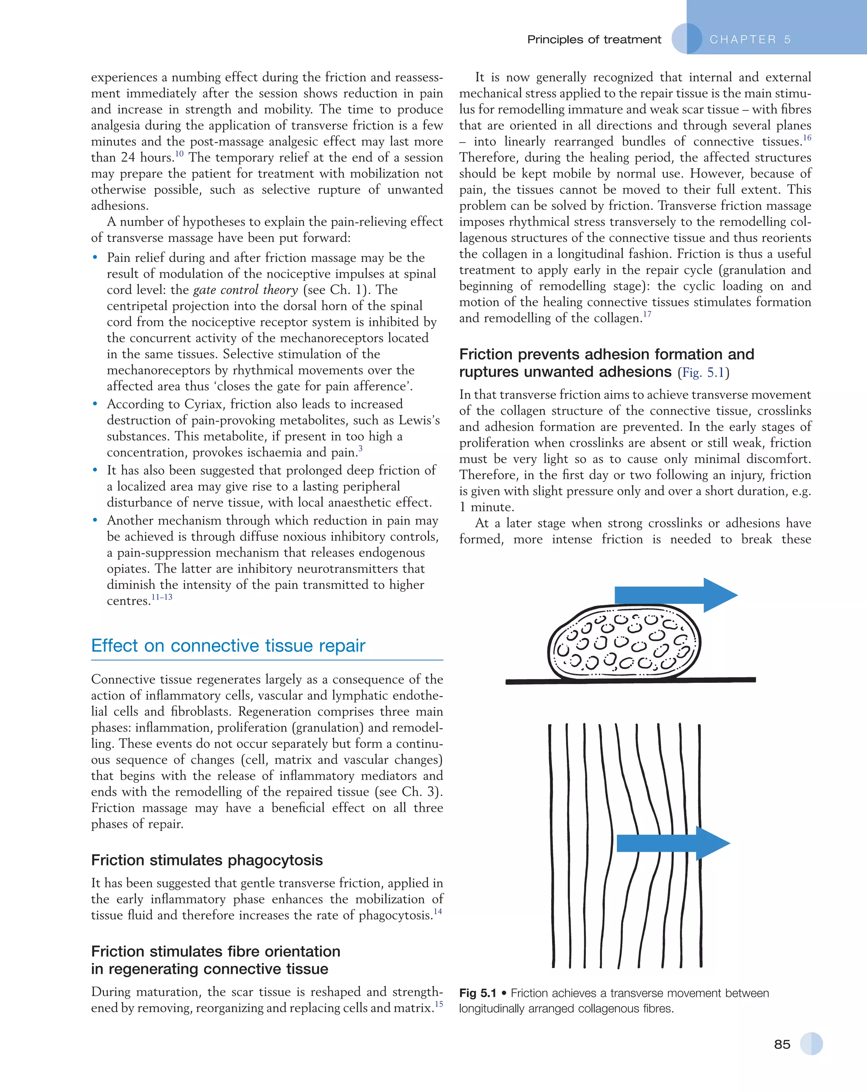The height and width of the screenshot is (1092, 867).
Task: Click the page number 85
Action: coord(782,1044)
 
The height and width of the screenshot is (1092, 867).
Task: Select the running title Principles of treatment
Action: coord(594,39)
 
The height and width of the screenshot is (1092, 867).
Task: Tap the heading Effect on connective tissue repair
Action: coord(228,646)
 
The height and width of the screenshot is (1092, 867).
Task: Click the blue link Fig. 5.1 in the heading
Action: coord(703,373)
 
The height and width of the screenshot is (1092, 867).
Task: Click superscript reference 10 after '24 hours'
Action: coord(179,154)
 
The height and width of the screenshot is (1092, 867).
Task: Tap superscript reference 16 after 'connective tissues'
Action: coord(807,138)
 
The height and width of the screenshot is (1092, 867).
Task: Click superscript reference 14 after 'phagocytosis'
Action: coord(437,911)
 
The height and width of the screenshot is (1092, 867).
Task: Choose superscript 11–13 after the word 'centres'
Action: coord(162,597)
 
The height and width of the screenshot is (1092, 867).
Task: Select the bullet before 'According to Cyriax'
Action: coord(95,404)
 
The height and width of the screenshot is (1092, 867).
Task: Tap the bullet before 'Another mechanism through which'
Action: coord(95,521)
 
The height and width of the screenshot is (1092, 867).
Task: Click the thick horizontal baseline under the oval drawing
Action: coord(630,681)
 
